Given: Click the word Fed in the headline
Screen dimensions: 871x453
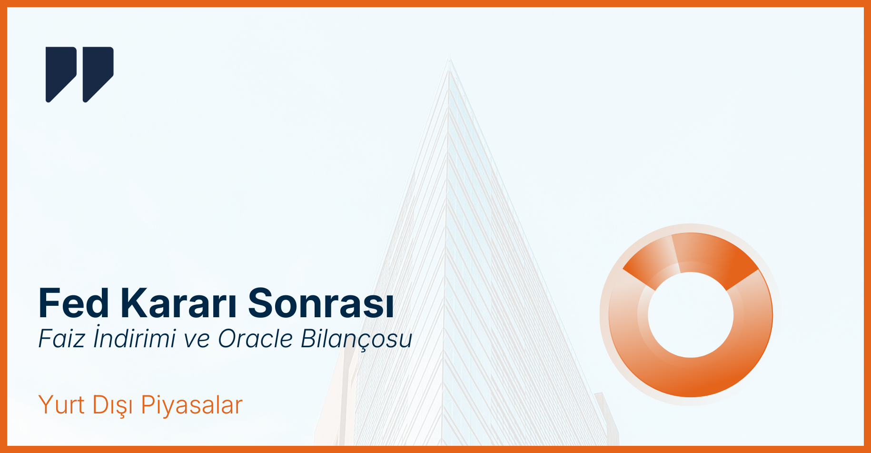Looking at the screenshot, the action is pos(74,302).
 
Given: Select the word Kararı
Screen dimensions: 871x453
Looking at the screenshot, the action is pos(178,302).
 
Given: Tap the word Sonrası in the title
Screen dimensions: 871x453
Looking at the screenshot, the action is pos(321,302).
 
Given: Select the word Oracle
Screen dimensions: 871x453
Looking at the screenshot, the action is pos(256,339).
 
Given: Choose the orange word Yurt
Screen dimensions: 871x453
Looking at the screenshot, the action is pos(61,405).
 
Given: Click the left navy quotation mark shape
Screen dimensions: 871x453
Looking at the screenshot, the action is pos(61,74).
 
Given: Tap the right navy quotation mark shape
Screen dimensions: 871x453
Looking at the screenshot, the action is pos(98,74).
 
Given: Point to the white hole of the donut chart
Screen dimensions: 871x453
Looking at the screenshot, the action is pos(691,315).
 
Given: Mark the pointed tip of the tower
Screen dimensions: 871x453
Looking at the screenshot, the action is pos(449,59).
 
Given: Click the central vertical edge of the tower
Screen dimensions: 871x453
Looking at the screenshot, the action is pos(446,252).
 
